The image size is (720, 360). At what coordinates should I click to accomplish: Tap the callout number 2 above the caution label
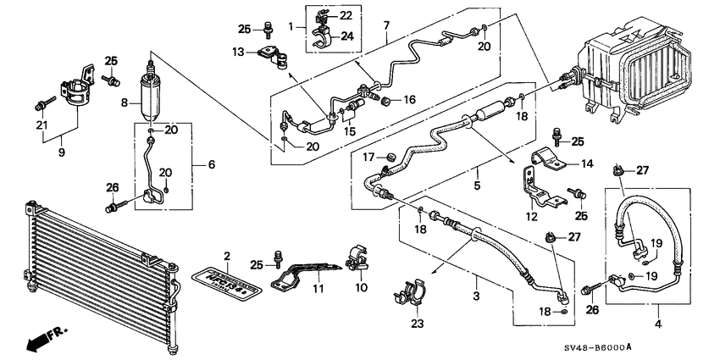227,255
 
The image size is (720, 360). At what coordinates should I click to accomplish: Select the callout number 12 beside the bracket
531,216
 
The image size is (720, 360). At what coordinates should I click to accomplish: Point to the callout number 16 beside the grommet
410,100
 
